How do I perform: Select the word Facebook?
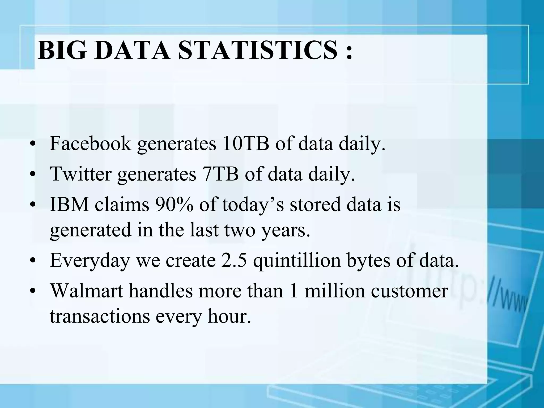click(x=90, y=144)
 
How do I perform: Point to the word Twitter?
click(x=81, y=174)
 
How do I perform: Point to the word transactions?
click(x=100, y=317)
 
